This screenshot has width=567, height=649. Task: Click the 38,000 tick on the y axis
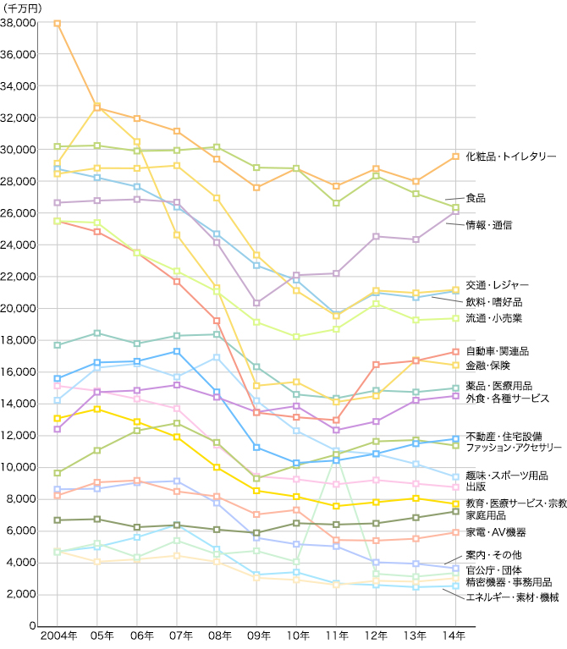[x=18, y=23]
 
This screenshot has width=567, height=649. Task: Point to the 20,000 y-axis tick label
[x=18, y=308]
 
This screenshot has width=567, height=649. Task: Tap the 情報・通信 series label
[x=489, y=225]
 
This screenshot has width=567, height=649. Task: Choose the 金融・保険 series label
[x=489, y=366]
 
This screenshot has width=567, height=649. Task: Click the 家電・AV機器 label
[x=496, y=532]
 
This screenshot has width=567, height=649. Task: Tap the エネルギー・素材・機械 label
[x=513, y=597]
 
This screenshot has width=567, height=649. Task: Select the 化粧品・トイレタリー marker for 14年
[x=455, y=157]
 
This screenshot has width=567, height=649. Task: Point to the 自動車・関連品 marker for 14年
[x=455, y=352]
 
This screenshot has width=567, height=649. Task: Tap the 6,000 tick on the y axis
[x=20, y=531]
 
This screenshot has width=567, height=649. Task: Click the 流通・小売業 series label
[x=494, y=318]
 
